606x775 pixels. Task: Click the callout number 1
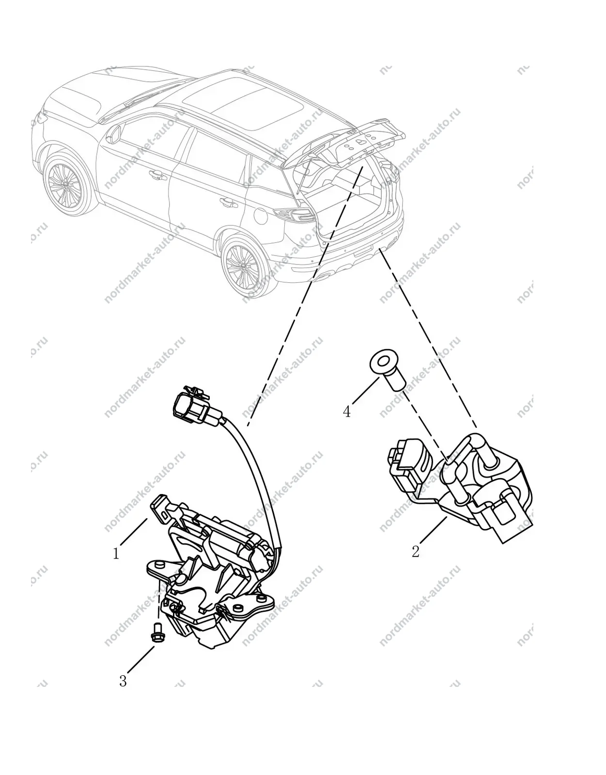click(116, 554)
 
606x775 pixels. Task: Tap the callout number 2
click(416, 552)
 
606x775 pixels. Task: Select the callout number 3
click(123, 681)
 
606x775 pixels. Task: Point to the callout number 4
click(347, 412)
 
